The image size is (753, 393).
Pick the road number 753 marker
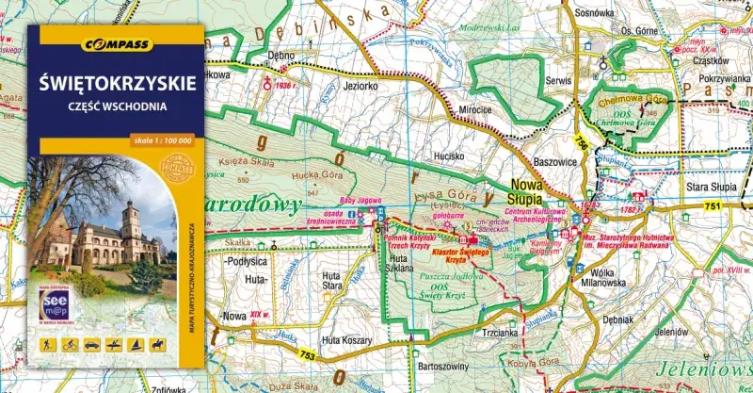point(307,355)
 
